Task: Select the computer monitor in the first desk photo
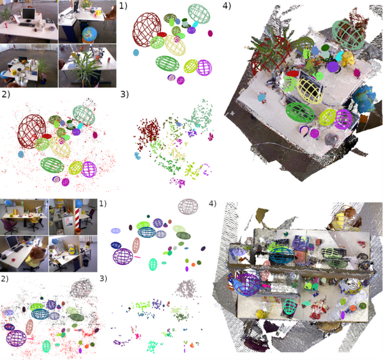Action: [x=29, y=12]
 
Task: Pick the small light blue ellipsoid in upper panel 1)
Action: [x=136, y=52]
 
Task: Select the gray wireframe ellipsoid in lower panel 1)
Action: [x=188, y=206]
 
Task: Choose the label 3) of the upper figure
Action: [x=124, y=94]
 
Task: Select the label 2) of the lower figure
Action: [x=5, y=280]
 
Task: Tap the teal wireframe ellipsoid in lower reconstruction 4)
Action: [x=282, y=255]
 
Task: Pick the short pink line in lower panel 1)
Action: [x=137, y=257]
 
